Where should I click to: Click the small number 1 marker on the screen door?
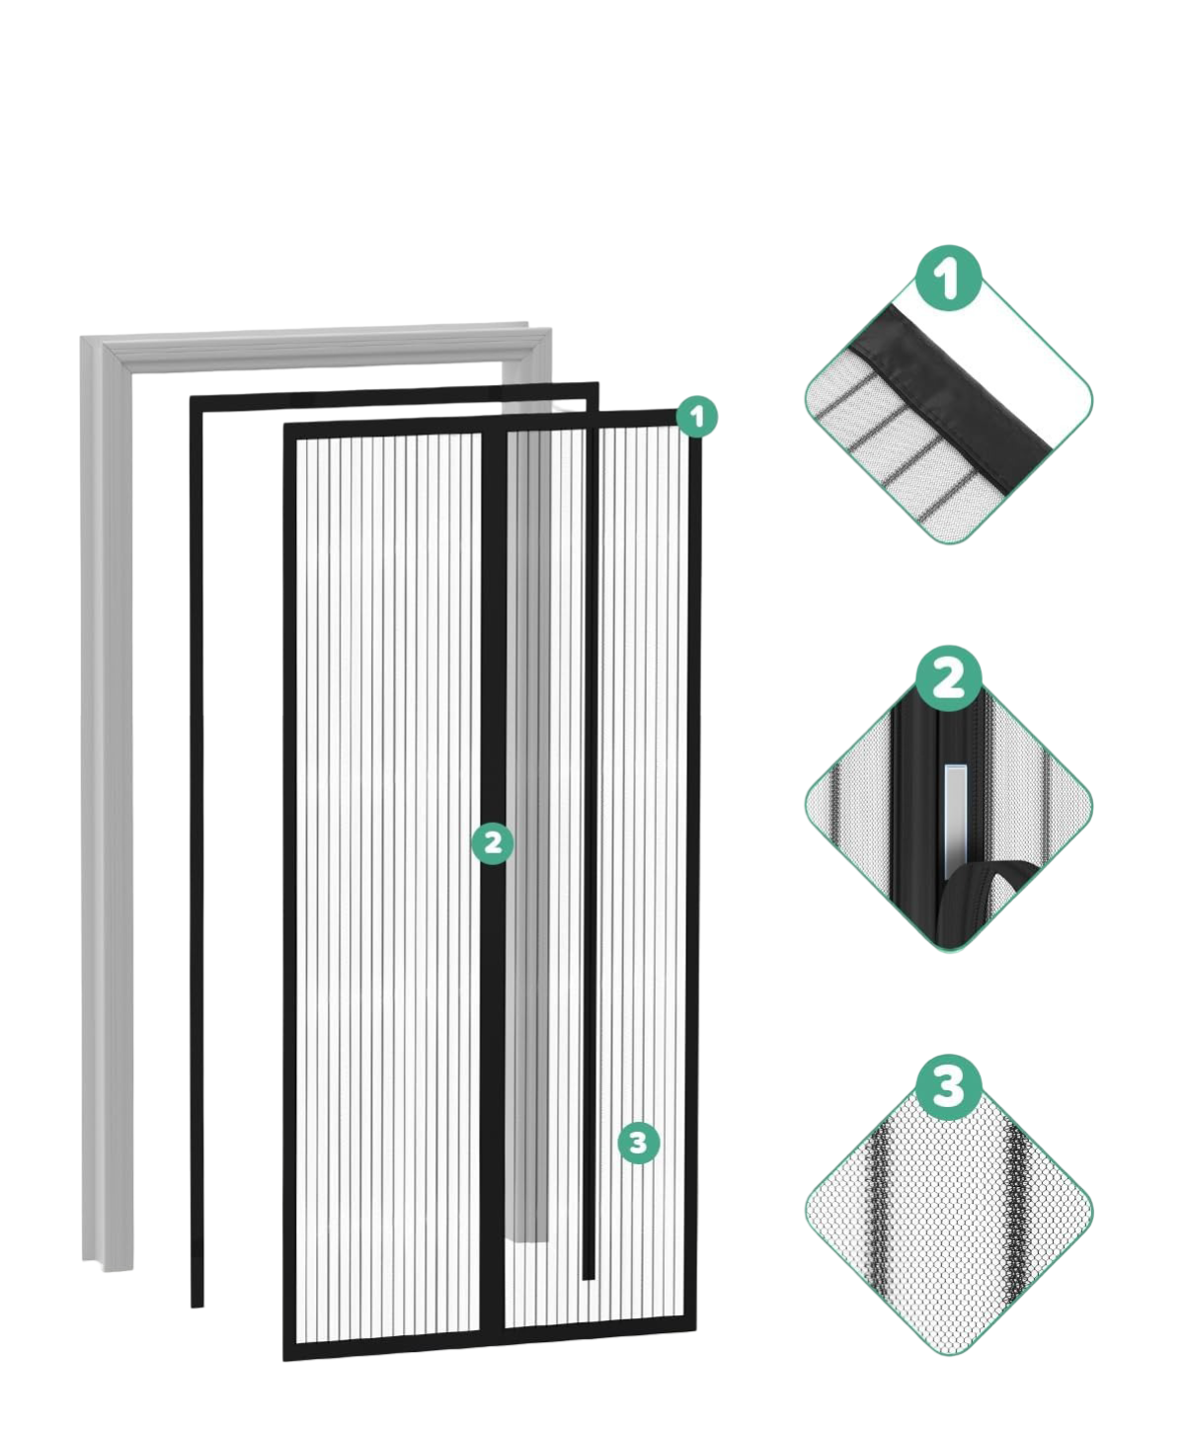click(696, 417)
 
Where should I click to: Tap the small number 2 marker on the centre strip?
click(493, 843)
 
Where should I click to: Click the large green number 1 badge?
click(949, 278)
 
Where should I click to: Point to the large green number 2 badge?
click(949, 678)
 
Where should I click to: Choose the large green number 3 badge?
click(949, 1087)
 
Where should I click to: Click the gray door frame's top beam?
click(316, 348)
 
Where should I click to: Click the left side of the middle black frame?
click(197, 849)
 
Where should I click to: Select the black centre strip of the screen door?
click(493, 884)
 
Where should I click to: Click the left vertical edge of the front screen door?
click(290, 891)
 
